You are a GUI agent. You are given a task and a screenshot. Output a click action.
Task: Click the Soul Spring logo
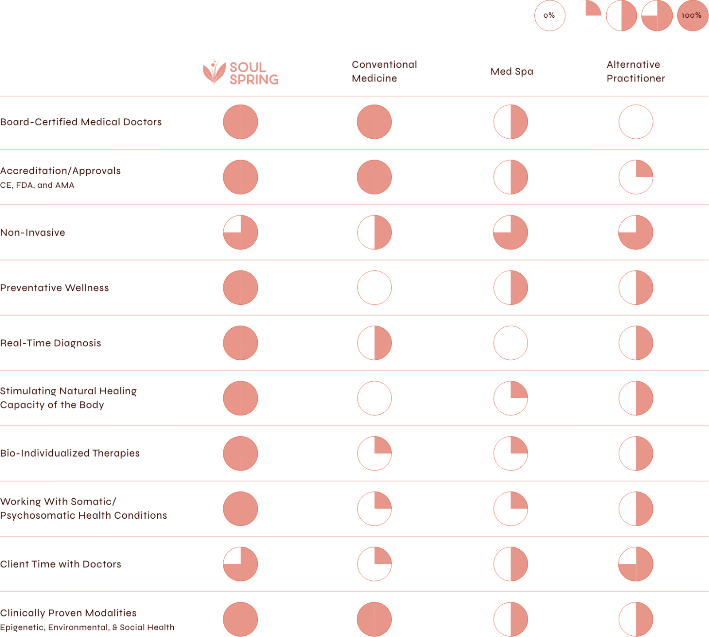coord(241,72)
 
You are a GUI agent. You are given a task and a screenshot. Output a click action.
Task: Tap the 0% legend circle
coord(549,16)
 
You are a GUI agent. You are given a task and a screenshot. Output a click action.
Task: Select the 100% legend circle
coord(692,16)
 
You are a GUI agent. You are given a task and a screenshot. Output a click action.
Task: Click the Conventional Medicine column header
coord(384,71)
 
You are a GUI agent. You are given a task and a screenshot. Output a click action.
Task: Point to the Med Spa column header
coord(512,71)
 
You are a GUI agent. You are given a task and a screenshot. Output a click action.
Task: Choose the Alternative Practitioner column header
coord(635,71)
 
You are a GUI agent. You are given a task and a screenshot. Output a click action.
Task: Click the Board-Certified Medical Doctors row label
coord(81,122)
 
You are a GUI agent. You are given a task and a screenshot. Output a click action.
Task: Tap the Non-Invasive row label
coord(32,233)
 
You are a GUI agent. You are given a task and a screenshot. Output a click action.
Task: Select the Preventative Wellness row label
coord(54,288)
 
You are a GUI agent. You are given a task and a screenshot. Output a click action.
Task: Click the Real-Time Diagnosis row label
coord(51,343)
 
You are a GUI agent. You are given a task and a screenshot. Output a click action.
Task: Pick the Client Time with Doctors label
coord(60,564)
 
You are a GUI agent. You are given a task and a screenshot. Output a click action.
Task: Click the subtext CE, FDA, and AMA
coord(37,185)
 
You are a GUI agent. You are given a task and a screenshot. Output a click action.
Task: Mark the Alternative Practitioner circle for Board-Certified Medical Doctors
coord(635,122)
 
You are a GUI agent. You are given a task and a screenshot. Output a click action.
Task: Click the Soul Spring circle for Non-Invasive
coord(241,233)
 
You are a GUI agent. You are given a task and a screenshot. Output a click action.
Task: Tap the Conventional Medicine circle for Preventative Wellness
coord(374,288)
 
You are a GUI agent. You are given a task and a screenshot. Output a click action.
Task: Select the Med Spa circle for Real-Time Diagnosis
coord(510,343)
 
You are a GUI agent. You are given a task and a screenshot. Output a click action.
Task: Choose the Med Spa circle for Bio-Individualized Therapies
coord(510,453)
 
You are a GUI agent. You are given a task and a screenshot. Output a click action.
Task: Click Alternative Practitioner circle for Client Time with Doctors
coord(635,564)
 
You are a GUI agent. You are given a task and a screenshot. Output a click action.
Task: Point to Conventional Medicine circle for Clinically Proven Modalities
coord(374,619)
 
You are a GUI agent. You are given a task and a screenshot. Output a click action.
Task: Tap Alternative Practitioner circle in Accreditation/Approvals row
coord(635,177)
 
